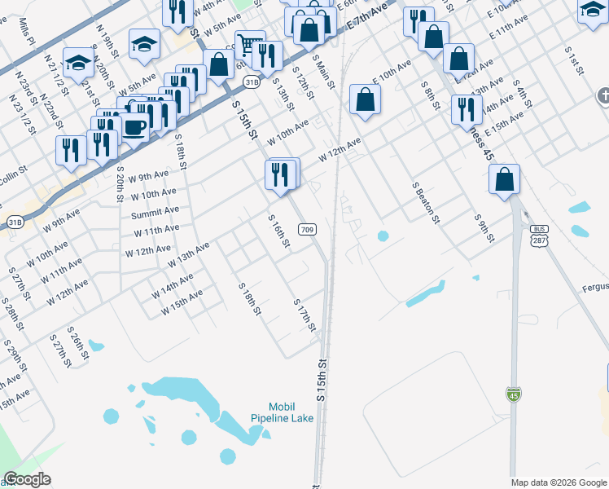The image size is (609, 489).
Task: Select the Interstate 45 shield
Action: (x=513, y=395)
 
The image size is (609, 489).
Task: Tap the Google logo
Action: (x=27, y=479)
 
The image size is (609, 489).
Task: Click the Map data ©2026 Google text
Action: (x=559, y=482)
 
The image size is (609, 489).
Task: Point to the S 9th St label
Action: (x=484, y=227)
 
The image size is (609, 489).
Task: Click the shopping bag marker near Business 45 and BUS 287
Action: (x=505, y=178)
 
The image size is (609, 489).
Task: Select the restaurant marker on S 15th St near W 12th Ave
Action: (x=279, y=174)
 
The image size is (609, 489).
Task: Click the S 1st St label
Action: (x=575, y=60)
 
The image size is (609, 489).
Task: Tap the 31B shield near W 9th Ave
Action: (x=15, y=221)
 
